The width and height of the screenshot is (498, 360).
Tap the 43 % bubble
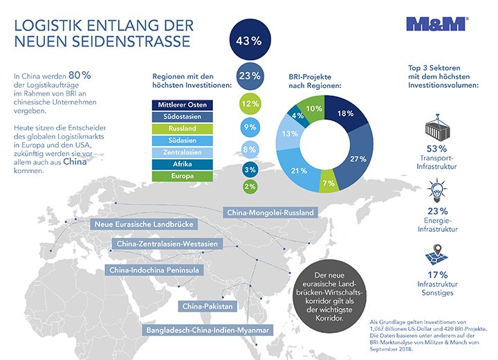coord(248,40)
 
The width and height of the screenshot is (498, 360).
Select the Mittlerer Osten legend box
coord(182,105)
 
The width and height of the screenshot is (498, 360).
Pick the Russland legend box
coord(182,129)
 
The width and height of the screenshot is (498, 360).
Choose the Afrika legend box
coord(182,165)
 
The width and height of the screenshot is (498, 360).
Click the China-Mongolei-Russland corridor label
coord(270,212)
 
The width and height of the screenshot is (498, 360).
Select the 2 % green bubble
coord(248,186)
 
